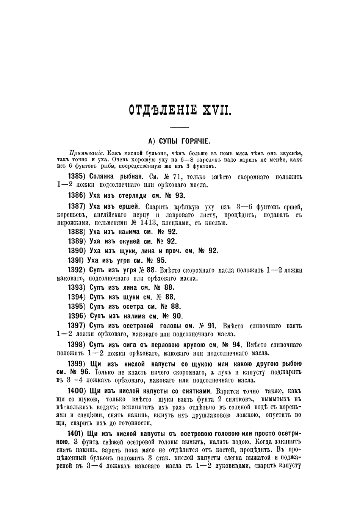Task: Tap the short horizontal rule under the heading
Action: [180, 126]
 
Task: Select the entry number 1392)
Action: [77, 270]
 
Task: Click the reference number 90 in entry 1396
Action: [178, 316]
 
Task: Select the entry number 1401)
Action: [77, 433]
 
